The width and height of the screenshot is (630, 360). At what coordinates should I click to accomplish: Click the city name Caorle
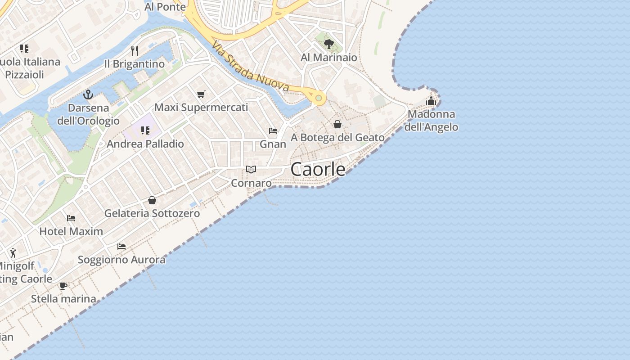tap(318, 169)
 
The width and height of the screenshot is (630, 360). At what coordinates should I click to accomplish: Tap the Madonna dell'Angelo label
tap(431, 121)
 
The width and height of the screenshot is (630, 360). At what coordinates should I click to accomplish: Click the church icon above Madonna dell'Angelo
tap(431, 101)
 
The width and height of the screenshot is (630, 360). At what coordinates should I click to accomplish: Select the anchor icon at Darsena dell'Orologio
tap(88, 94)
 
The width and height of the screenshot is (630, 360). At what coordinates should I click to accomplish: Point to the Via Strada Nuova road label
tap(250, 67)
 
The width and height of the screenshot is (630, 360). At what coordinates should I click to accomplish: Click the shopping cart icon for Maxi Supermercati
tap(201, 94)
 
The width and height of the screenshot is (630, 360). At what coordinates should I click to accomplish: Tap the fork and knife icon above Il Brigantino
tap(134, 50)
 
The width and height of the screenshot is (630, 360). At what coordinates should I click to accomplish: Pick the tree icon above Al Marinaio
tap(329, 44)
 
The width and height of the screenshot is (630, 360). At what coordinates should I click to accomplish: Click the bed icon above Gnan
tap(273, 131)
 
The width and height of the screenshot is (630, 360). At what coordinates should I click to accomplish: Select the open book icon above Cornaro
tap(251, 170)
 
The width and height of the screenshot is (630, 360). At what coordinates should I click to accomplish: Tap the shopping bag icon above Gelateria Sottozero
tap(152, 200)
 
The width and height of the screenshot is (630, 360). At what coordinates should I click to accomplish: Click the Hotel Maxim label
tap(71, 231)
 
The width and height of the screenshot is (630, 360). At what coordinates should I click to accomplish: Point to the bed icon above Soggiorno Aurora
tap(121, 247)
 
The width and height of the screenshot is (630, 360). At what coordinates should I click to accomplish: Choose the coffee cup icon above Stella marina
tap(63, 286)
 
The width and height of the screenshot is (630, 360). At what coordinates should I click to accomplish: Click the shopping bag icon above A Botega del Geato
tap(337, 124)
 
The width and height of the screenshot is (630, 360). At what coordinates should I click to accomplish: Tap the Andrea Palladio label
tap(145, 144)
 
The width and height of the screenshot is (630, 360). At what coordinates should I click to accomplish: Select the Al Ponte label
tap(165, 7)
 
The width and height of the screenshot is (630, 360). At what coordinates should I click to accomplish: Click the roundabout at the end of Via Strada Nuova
tap(319, 98)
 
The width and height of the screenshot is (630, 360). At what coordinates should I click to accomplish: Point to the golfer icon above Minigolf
tap(13, 253)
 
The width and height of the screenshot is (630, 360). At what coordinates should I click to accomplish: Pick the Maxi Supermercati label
tap(201, 108)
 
